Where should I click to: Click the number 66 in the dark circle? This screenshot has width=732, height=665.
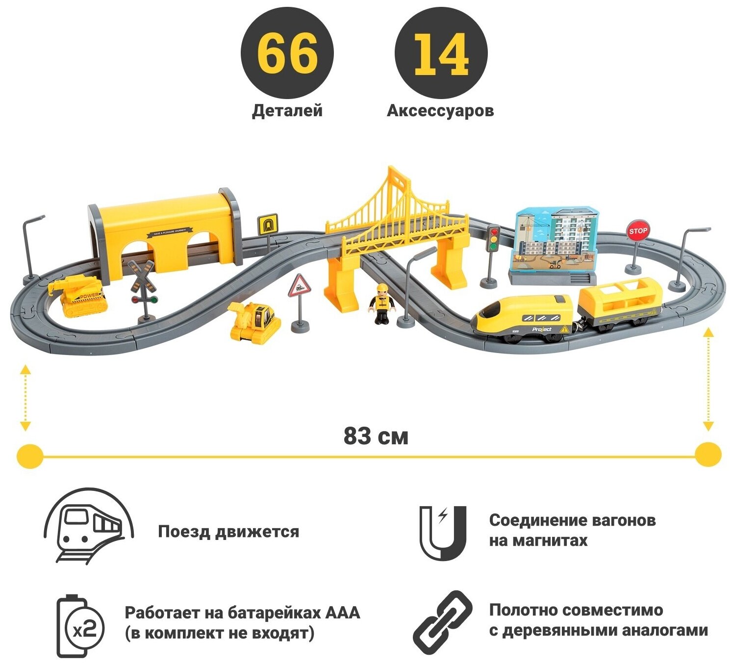[x=287, y=53]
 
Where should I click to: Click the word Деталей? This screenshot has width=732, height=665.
[x=287, y=111]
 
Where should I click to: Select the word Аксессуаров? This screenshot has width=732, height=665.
[x=440, y=111]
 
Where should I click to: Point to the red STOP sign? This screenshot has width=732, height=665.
[x=637, y=230]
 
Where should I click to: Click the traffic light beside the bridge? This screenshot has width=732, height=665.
[x=493, y=239]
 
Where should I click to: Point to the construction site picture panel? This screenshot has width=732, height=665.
[x=556, y=240]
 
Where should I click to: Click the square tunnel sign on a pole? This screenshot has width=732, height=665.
[x=266, y=225]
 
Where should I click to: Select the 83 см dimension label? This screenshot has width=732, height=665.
[x=376, y=435]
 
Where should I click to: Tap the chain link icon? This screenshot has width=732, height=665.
[x=442, y=622]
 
